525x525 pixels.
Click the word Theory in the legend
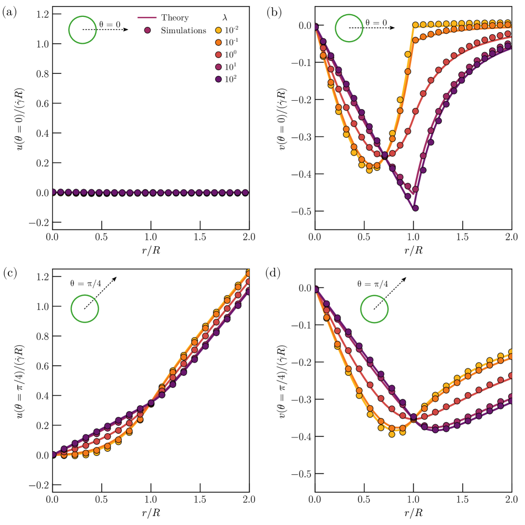point(176,18)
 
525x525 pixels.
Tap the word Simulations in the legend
point(183,31)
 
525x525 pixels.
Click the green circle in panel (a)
point(82,30)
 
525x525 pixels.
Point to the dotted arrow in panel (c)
point(100,293)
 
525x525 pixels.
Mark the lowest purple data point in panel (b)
point(415,208)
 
